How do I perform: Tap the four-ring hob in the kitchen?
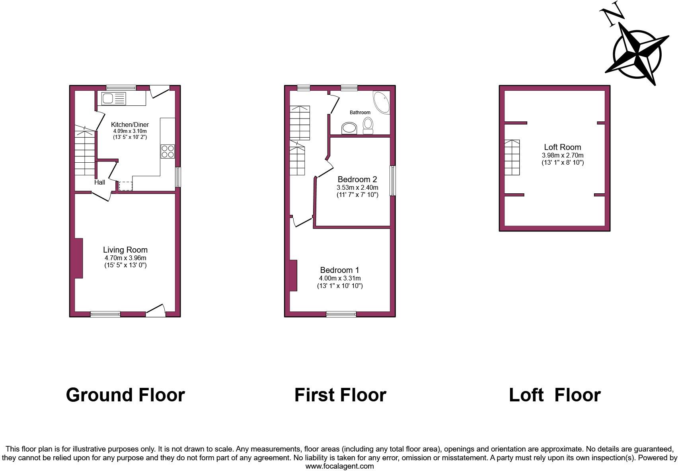(168, 152)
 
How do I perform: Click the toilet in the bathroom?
(368, 125)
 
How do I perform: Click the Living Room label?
(125, 250)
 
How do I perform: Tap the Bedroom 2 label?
(357, 179)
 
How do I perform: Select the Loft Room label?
(562, 147)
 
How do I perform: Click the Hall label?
(99, 182)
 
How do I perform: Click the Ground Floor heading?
(125, 395)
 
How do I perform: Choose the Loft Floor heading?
(555, 395)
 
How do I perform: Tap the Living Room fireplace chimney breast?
(78, 258)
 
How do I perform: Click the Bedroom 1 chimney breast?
(293, 275)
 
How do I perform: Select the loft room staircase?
(512, 158)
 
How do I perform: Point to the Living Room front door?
(156, 311)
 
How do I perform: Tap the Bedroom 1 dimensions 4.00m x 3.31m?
(340, 278)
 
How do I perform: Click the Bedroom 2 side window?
(392, 181)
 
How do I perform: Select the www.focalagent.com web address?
(339, 466)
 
